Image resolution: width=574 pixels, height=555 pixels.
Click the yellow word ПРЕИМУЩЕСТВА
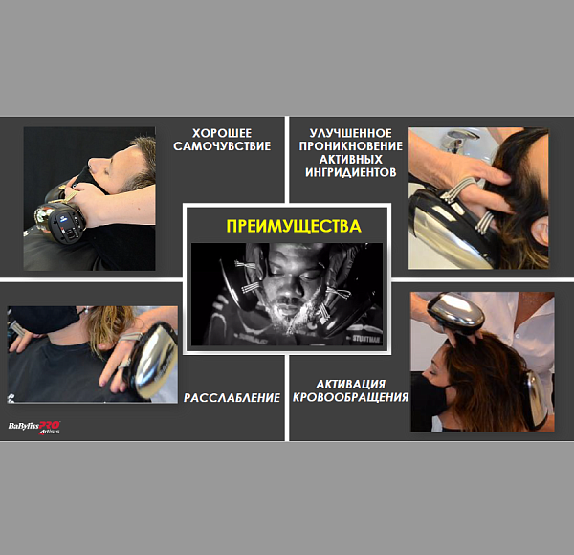[294, 226]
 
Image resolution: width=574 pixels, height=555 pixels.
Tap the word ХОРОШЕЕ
[222, 133]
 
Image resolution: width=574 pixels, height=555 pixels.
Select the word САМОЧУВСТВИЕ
[222, 146]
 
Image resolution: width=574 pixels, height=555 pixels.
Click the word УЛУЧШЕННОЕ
[351, 133]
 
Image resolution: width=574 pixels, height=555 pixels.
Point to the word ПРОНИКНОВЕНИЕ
[351, 146]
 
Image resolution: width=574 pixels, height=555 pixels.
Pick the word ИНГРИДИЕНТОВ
[351, 172]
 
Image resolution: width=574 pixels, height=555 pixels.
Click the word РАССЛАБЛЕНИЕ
[232, 397]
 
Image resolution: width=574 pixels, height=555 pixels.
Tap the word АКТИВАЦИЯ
[351, 385]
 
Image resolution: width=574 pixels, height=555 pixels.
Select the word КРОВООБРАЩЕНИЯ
[351, 397]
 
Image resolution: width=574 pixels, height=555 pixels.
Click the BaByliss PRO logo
[34, 427]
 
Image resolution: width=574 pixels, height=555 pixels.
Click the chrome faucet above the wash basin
[455, 140]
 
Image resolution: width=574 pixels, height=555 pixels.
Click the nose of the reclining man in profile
[92, 162]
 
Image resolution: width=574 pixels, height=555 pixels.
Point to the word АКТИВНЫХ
[351, 159]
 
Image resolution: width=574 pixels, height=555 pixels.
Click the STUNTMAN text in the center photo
[365, 340]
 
